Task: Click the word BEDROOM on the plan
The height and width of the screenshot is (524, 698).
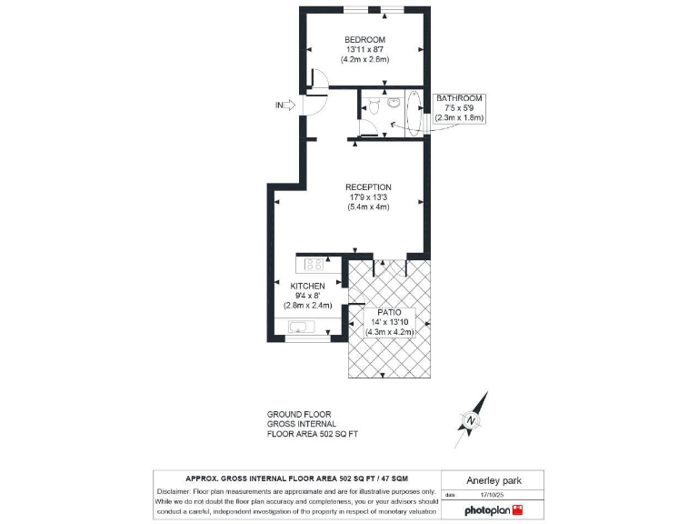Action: [364, 39]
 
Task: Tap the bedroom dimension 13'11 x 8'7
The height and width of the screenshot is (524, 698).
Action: [364, 49]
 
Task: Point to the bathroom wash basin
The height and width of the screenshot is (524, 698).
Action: [393, 104]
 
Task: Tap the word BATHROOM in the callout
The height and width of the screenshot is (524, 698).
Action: [459, 98]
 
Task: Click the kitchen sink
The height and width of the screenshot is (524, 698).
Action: [300, 327]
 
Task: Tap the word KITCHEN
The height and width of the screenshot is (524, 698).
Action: [307, 286]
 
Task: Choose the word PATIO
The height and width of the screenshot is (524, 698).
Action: [390, 312]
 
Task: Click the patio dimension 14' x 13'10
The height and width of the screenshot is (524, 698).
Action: [390, 322]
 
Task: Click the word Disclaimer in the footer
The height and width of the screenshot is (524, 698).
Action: [176, 491]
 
